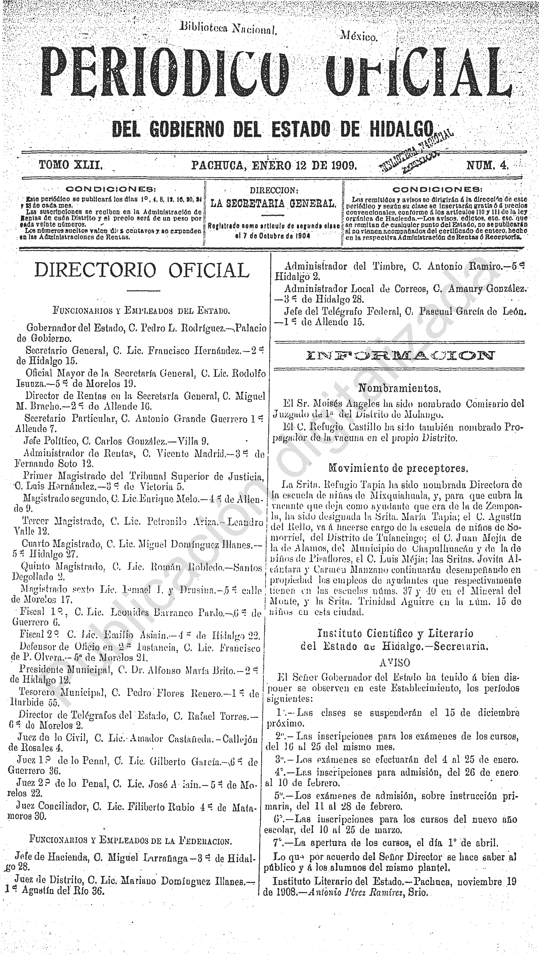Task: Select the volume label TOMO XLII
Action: pyautogui.click(x=71, y=164)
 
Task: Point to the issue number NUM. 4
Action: pyautogui.click(x=487, y=164)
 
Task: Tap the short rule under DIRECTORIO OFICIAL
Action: pyautogui.click(x=138, y=291)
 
